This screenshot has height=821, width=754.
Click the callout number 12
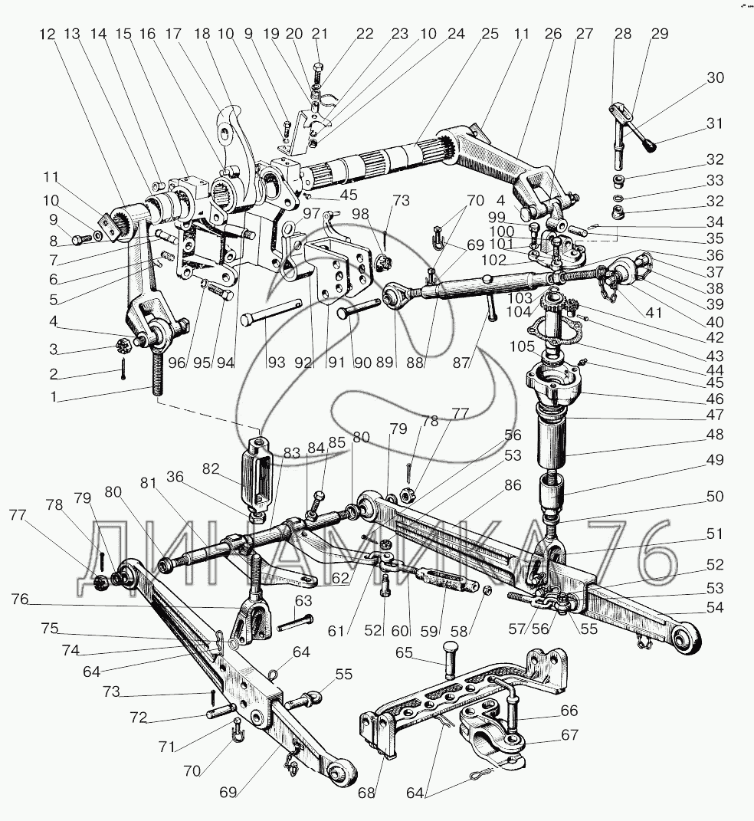click(x=48, y=34)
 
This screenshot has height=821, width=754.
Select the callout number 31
click(x=714, y=124)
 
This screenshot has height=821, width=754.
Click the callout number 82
click(x=212, y=468)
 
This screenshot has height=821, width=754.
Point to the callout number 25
click(x=490, y=34)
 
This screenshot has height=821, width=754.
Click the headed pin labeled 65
click(x=450, y=657)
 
